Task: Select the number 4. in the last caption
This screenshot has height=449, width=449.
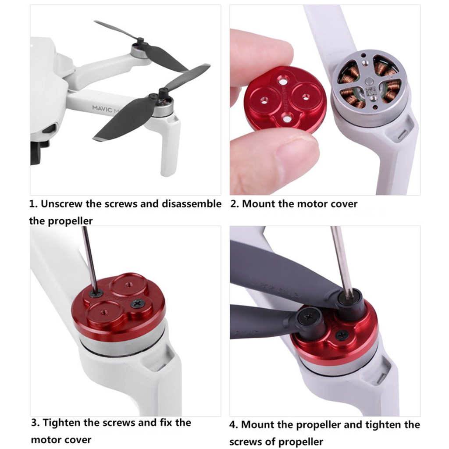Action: pos(234,424)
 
